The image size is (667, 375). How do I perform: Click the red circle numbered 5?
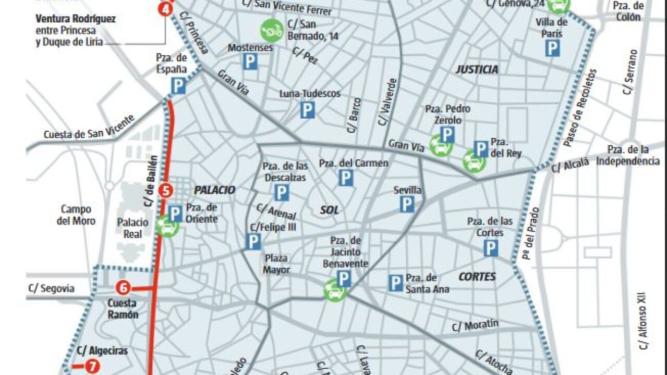coord(165,190)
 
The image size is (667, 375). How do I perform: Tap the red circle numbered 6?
coord(123,287)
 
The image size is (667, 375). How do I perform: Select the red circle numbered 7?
coord(93,367)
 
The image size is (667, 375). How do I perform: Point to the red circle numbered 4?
coord(165,9)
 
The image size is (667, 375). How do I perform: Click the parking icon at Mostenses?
coord(250,63)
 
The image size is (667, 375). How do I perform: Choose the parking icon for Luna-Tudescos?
coord(307,109)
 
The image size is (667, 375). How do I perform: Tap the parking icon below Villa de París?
coord(552,48)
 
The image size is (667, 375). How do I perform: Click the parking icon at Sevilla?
coord(407,204)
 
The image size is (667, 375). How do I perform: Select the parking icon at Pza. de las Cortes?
coord(490,248)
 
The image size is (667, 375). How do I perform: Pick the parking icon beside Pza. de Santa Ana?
coord(396,283)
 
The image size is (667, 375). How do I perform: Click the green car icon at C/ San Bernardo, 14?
coord(272,30)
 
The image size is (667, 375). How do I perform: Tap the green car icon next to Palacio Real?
coord(167,227)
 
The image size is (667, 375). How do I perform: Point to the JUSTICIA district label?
coord(477,69)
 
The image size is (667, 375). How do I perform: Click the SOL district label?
coord(329,210)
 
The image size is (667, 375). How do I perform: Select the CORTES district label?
coord(477,277)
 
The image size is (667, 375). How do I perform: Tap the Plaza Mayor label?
coord(276,264)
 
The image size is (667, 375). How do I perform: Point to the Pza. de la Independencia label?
coord(628,156)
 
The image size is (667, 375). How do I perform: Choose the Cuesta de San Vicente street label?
coord(89,128)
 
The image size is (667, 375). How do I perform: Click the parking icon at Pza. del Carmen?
coord(345,178)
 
